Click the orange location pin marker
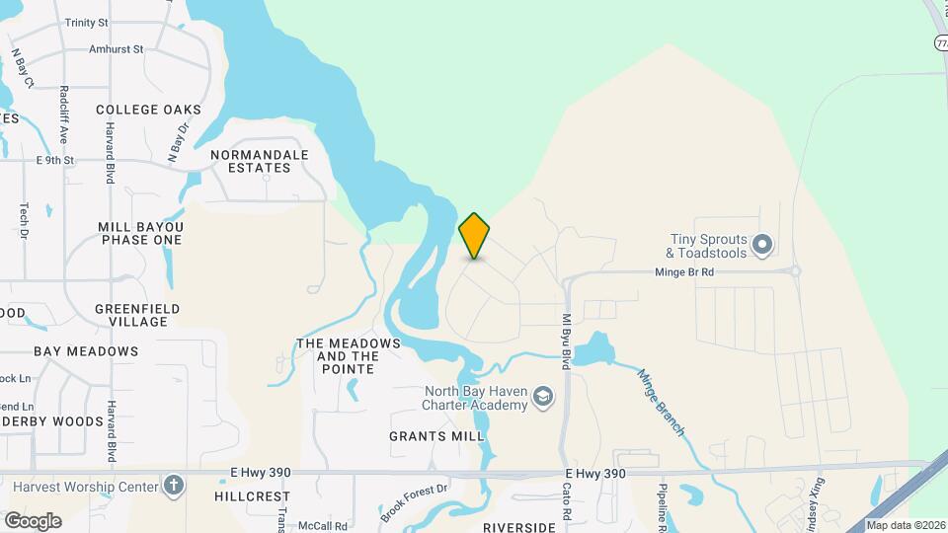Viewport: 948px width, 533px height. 475,236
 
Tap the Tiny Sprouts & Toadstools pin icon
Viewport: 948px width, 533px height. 761,244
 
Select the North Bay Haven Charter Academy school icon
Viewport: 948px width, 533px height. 541,397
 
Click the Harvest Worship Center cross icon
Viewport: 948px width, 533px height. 174,486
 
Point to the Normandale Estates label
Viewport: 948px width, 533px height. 260,161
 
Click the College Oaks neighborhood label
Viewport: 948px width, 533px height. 149,110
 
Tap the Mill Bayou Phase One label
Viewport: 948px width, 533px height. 141,233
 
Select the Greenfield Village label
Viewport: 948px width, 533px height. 137,315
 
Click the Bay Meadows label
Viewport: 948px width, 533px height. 86,351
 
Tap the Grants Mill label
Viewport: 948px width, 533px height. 436,436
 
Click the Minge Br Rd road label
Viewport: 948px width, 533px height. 684,271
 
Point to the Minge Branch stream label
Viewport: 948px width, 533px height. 661,403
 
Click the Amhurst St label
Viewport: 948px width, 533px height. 116,47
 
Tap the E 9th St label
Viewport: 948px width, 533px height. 55,159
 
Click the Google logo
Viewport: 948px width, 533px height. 33,520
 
